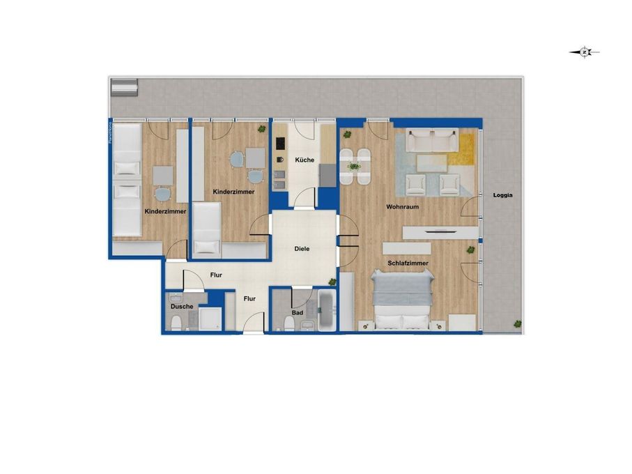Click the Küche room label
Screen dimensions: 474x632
tap(305, 160)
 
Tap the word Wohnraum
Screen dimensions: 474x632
tap(402, 207)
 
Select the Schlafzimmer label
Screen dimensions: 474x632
tap(408, 263)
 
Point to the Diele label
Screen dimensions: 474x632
tap(302, 248)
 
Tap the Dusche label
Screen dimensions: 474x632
tap(182, 306)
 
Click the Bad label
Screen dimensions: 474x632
tap(298, 313)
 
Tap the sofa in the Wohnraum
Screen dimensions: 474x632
tap(433, 142)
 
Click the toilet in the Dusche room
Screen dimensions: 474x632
tap(177, 322)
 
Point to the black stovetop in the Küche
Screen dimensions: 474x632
tap(281, 144)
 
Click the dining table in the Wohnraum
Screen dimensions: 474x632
tap(355, 167)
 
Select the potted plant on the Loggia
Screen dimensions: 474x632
tap(517, 323)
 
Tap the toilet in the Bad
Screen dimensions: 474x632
tap(288, 323)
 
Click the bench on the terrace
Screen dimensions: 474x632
tap(125, 87)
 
